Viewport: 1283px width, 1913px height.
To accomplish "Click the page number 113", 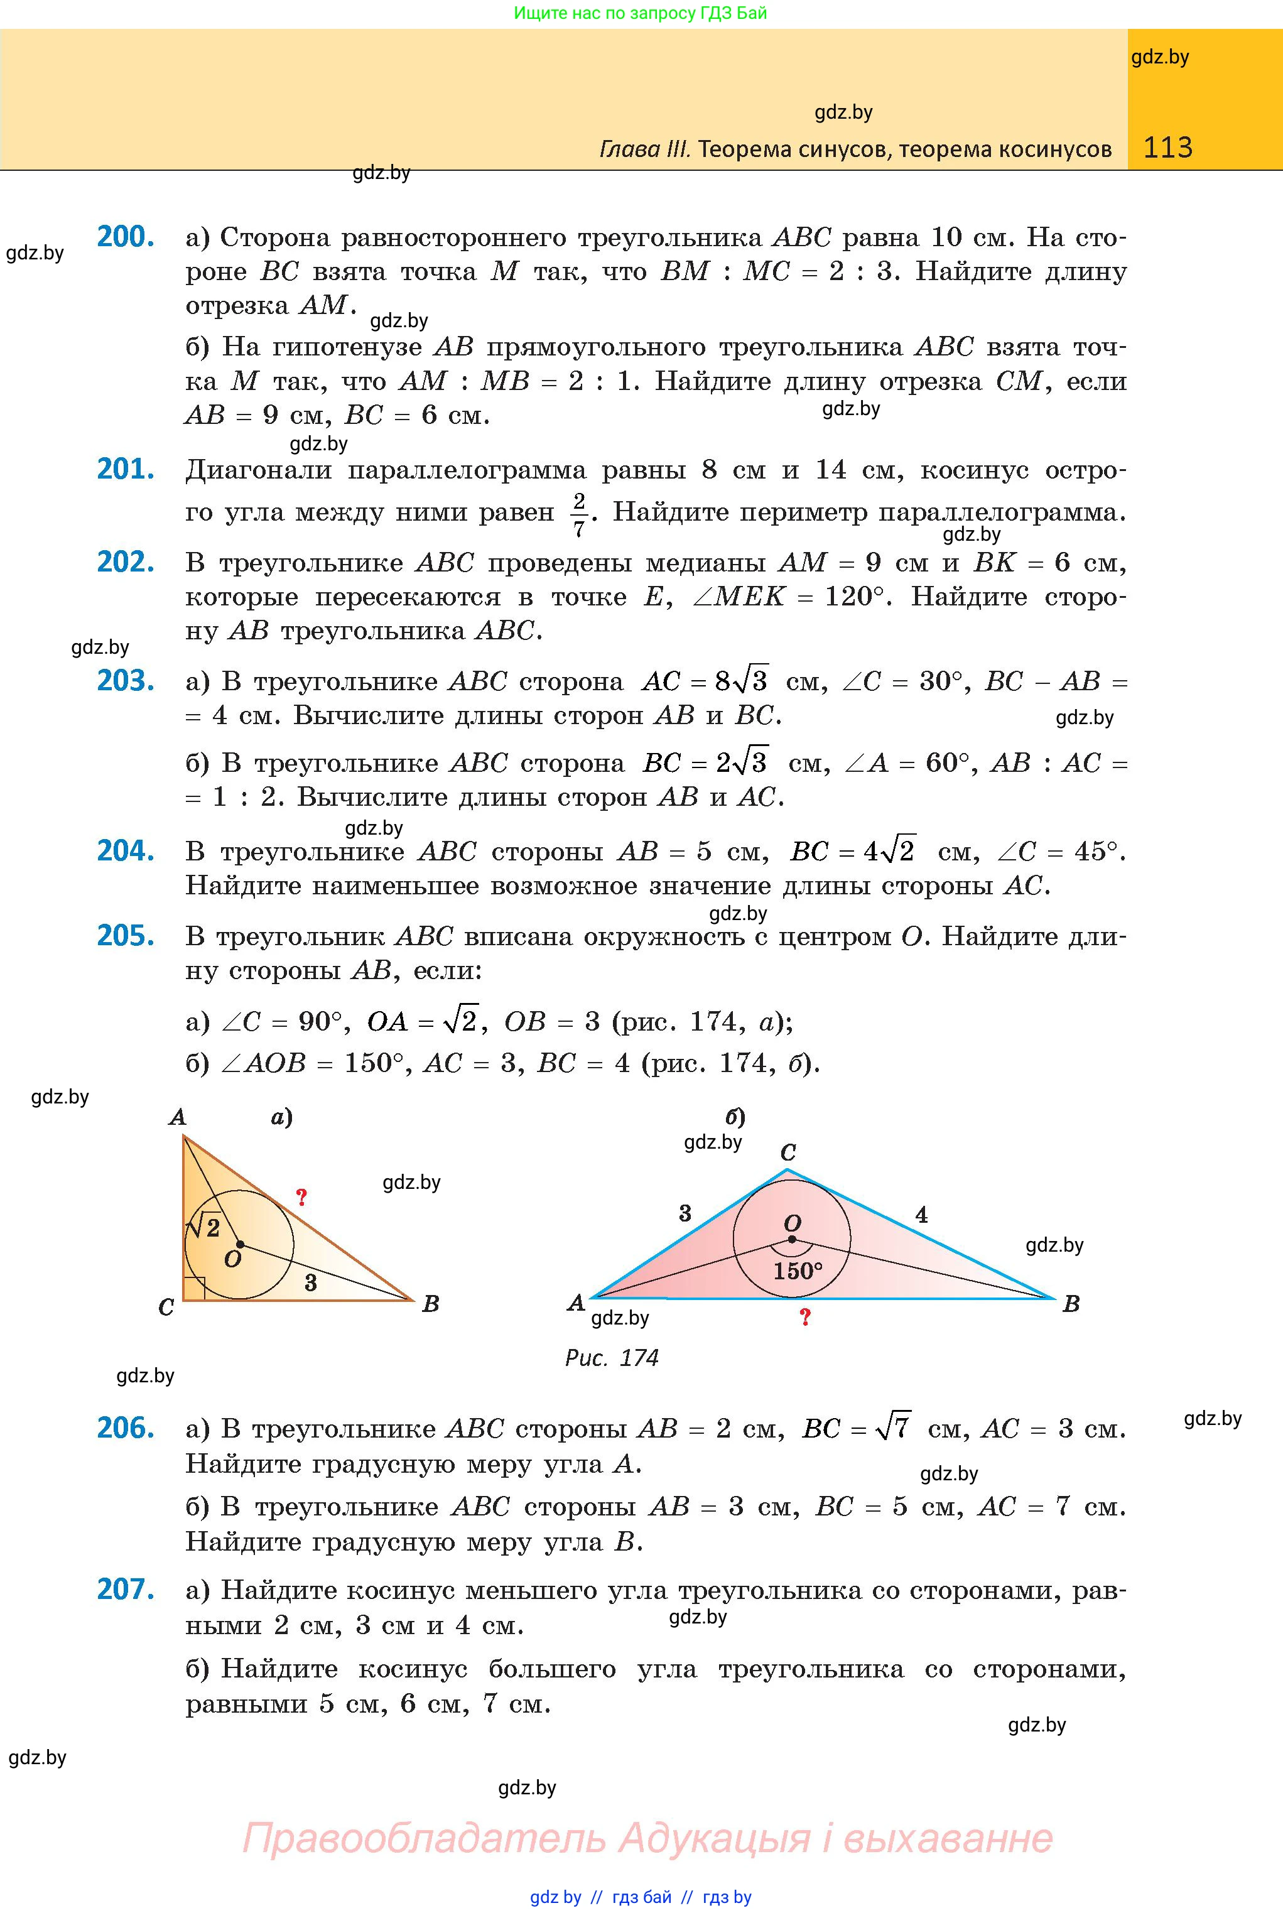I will click(x=1167, y=148).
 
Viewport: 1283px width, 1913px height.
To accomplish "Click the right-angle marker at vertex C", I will click(x=193, y=1288).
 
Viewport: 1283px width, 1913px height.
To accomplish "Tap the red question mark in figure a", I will click(x=301, y=1198).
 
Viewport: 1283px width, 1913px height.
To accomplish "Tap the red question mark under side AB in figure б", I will click(x=805, y=1318).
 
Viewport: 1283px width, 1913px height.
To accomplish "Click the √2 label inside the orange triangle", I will click(x=205, y=1227).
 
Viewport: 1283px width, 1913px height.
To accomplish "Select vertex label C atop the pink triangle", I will click(x=788, y=1153).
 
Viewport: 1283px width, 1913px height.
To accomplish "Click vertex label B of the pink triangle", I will click(x=1071, y=1304).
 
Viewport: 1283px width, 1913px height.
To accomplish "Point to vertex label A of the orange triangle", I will click(x=176, y=1117).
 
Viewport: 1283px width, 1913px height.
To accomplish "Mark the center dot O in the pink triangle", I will click(x=792, y=1238).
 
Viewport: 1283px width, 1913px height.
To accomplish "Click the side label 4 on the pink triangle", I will click(x=921, y=1215).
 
